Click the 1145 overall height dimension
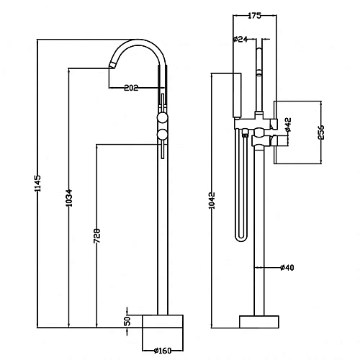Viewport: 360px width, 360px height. [38, 183]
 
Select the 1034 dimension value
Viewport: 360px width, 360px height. [69, 198]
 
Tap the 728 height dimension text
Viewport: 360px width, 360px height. [96, 236]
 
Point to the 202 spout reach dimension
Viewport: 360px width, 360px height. [131, 88]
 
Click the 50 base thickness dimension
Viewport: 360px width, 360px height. [128, 321]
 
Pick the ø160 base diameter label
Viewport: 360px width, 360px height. [163, 351]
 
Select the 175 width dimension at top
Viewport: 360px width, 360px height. [254, 16]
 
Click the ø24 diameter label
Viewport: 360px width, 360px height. [240, 39]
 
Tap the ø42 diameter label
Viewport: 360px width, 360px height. [288, 125]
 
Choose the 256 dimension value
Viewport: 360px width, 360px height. [321, 132]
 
